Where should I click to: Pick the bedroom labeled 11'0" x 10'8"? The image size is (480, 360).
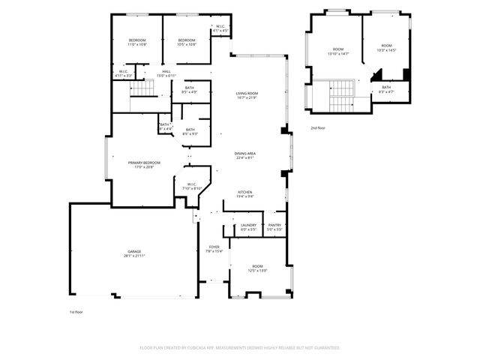point(136,42)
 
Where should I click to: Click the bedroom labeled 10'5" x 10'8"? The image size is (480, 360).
point(186,42)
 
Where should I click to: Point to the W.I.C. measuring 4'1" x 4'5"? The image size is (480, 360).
point(220,29)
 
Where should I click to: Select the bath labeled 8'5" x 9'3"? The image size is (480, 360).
point(190,131)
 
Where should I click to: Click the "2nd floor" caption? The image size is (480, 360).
point(318,128)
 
